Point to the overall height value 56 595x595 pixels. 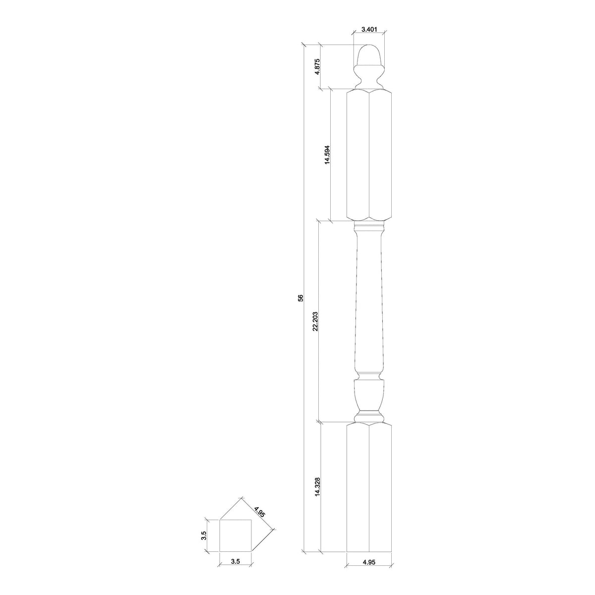pyautogui.click(x=300, y=298)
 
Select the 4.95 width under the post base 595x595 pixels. pyautogui.click(x=369, y=576)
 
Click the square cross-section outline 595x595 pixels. pyautogui.click(x=236, y=536)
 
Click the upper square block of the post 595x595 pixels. pyautogui.click(x=369, y=155)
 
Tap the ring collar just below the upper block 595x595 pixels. pyautogui.click(x=369, y=228)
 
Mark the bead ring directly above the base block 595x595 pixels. pyautogui.click(x=369, y=415)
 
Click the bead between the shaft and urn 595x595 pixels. pyautogui.click(x=369, y=375)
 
